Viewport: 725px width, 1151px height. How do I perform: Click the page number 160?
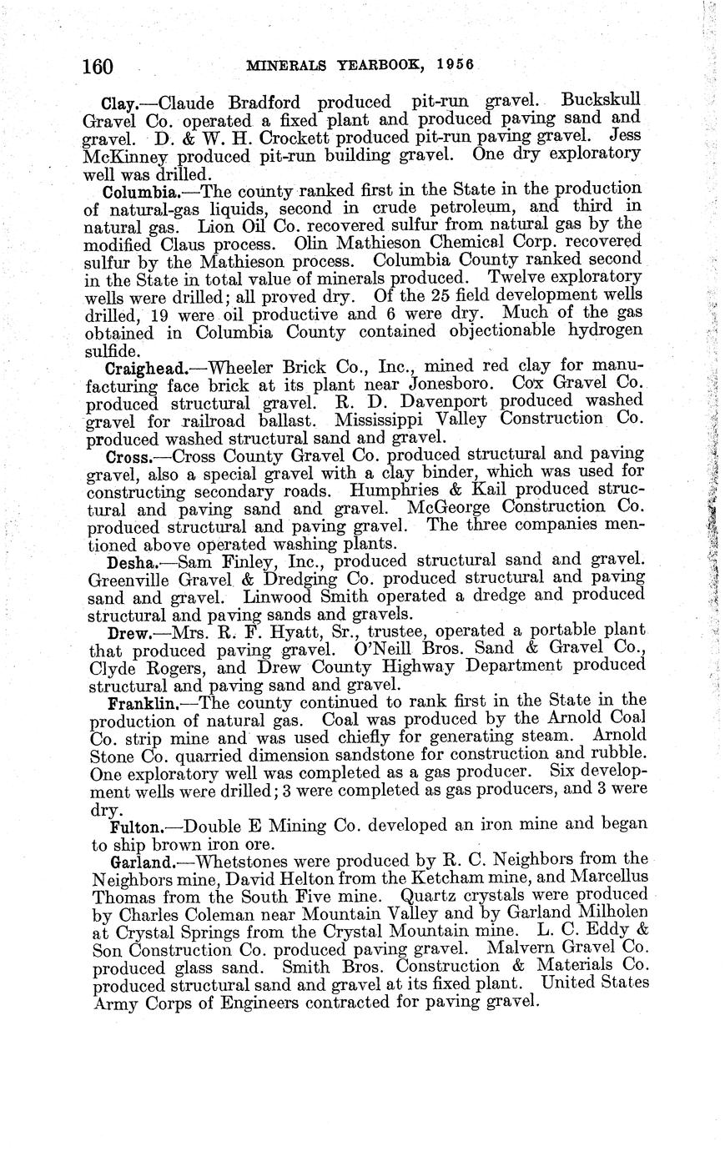pos(98,66)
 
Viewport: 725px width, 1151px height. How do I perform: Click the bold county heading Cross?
pos(128,457)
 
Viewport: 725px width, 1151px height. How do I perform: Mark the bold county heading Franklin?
pos(143,702)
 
